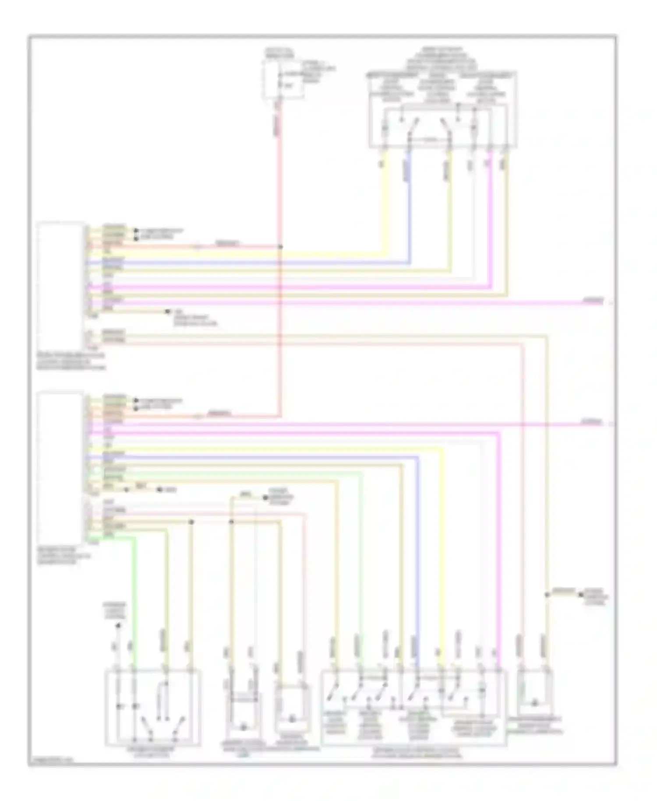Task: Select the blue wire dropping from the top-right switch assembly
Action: (x=409, y=206)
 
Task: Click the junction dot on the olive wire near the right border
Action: (x=546, y=595)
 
